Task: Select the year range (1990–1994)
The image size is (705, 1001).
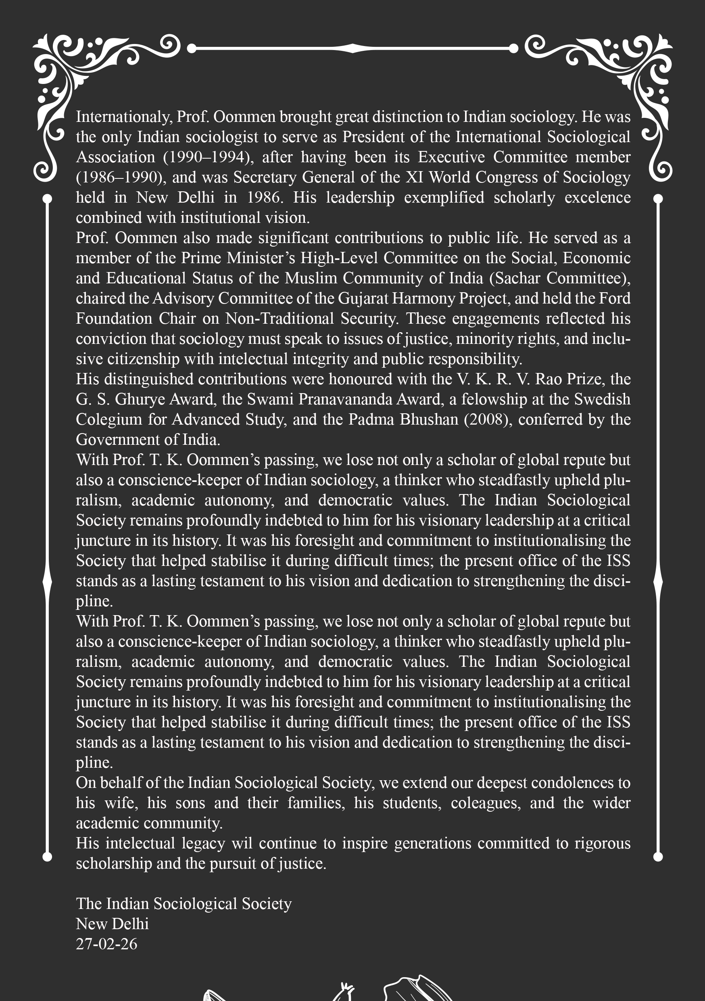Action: click(x=208, y=157)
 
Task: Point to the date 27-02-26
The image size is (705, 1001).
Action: click(x=106, y=944)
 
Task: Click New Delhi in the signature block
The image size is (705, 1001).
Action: click(x=112, y=924)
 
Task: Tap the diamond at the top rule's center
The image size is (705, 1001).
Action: click(x=352, y=48)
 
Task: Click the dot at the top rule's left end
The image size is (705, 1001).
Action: click(x=191, y=48)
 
